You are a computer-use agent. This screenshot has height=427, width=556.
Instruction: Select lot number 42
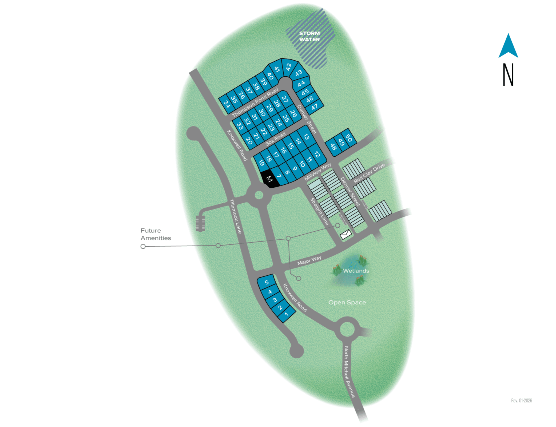click(288, 66)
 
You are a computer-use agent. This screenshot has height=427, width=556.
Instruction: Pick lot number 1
click(287, 314)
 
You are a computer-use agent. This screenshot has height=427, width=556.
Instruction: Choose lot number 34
click(227, 104)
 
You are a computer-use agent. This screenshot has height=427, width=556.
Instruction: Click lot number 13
click(306, 137)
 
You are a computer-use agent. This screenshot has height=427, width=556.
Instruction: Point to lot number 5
click(267, 282)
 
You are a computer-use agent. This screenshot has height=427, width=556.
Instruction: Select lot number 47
click(315, 107)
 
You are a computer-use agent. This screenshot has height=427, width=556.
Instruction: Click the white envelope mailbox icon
click(345, 234)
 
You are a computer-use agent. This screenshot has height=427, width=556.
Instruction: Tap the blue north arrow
click(508, 46)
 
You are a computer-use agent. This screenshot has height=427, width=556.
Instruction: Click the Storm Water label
click(309, 37)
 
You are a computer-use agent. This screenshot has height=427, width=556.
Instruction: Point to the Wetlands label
click(356, 271)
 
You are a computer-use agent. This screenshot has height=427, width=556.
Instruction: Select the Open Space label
click(347, 302)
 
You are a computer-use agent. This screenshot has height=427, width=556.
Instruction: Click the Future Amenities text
click(156, 234)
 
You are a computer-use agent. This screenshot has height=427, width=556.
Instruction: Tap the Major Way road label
click(309, 260)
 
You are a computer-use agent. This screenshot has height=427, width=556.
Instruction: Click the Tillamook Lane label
click(236, 216)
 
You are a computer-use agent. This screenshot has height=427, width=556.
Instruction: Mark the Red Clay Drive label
click(369, 173)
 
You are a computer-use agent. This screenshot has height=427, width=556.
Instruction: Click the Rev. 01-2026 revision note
click(521, 401)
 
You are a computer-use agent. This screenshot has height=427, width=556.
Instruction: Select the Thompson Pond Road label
click(255, 102)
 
